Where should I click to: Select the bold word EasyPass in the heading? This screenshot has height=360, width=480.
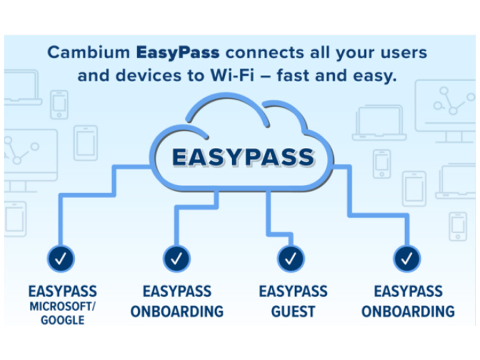pos(178,53)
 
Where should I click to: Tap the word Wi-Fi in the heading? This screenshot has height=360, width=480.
pos(232,75)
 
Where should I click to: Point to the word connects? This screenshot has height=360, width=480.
pos(265,53)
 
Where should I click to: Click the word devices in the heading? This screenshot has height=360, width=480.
pos(148,75)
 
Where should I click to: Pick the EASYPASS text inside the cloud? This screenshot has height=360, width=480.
pos(243,157)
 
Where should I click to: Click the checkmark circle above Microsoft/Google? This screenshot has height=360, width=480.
pos(60,259)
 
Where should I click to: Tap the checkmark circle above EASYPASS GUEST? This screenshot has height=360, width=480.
pos(291,259)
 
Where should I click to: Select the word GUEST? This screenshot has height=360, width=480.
pos(293,312)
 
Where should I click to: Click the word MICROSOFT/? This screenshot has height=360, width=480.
pos(62,306)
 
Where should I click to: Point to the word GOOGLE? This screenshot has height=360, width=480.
pos(62,320)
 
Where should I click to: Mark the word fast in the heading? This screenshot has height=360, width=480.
pos(293,75)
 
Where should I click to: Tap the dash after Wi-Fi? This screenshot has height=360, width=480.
pos(265,76)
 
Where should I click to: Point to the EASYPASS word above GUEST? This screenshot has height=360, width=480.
pos(293,291)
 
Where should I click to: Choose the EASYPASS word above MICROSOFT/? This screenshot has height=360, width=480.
pos(62,291)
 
